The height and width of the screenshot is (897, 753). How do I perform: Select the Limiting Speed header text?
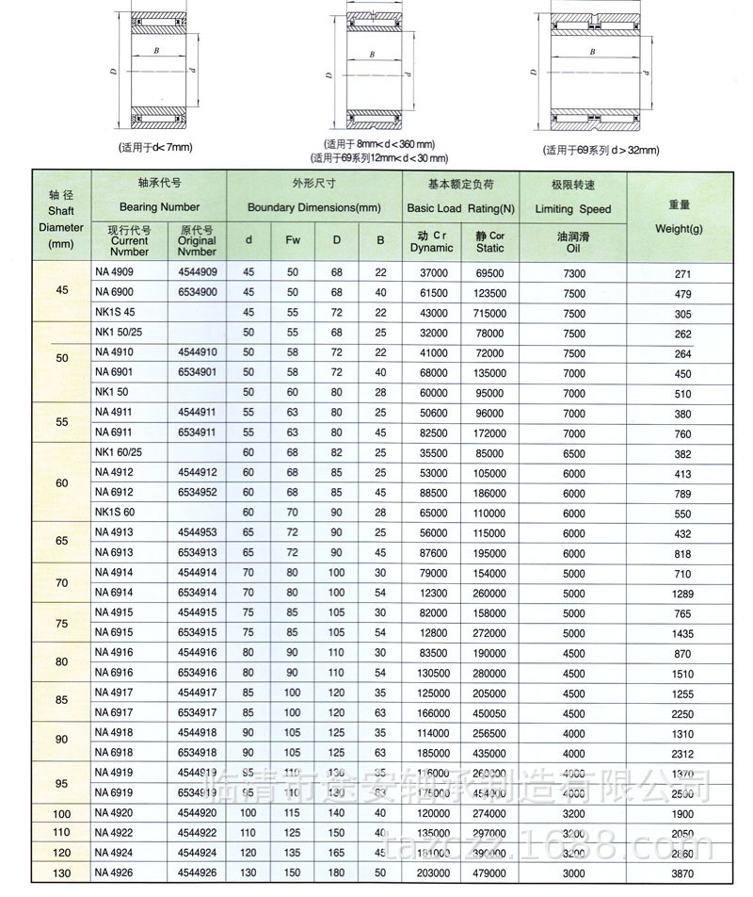[x=574, y=209]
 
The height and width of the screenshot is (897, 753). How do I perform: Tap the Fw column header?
[x=293, y=240]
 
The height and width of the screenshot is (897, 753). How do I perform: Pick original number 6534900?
[x=197, y=293]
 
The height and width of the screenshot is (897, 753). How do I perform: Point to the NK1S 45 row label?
[x=116, y=313]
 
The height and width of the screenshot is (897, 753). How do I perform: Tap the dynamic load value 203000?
[x=431, y=873]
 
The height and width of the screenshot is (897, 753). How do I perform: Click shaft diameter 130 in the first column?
[x=61, y=873]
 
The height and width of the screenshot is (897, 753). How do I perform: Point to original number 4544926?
[x=197, y=873]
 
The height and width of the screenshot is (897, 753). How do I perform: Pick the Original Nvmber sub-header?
[x=197, y=240]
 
